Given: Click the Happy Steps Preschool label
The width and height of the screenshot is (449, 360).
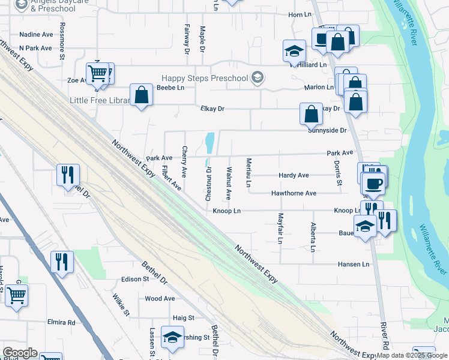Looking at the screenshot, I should [205, 78].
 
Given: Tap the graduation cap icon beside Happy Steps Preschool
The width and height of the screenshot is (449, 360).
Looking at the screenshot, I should [257, 77].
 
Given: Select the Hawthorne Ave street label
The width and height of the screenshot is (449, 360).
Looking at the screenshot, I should [294, 193].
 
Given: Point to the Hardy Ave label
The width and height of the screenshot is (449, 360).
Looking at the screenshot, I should [294, 175].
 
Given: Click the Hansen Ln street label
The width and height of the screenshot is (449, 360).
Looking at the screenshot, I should [353, 264].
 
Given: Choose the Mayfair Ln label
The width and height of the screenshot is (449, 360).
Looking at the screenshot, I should [280, 229].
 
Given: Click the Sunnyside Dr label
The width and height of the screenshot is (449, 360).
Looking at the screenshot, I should [327, 130].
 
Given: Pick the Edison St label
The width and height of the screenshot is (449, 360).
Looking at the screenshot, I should [135, 279].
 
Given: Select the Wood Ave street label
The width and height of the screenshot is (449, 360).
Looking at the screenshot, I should [160, 298].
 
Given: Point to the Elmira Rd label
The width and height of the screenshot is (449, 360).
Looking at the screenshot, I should [62, 322].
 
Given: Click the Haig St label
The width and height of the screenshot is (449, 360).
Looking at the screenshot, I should [184, 317].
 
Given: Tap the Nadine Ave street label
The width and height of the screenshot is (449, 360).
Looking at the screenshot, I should [36, 35].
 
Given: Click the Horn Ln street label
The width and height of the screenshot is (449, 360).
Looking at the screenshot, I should [301, 14].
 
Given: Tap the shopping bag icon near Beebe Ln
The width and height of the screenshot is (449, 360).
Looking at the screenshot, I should [141, 95].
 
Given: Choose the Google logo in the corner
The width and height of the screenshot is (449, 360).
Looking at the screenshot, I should [19, 353].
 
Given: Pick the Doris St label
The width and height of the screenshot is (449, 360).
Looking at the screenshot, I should [339, 173].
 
